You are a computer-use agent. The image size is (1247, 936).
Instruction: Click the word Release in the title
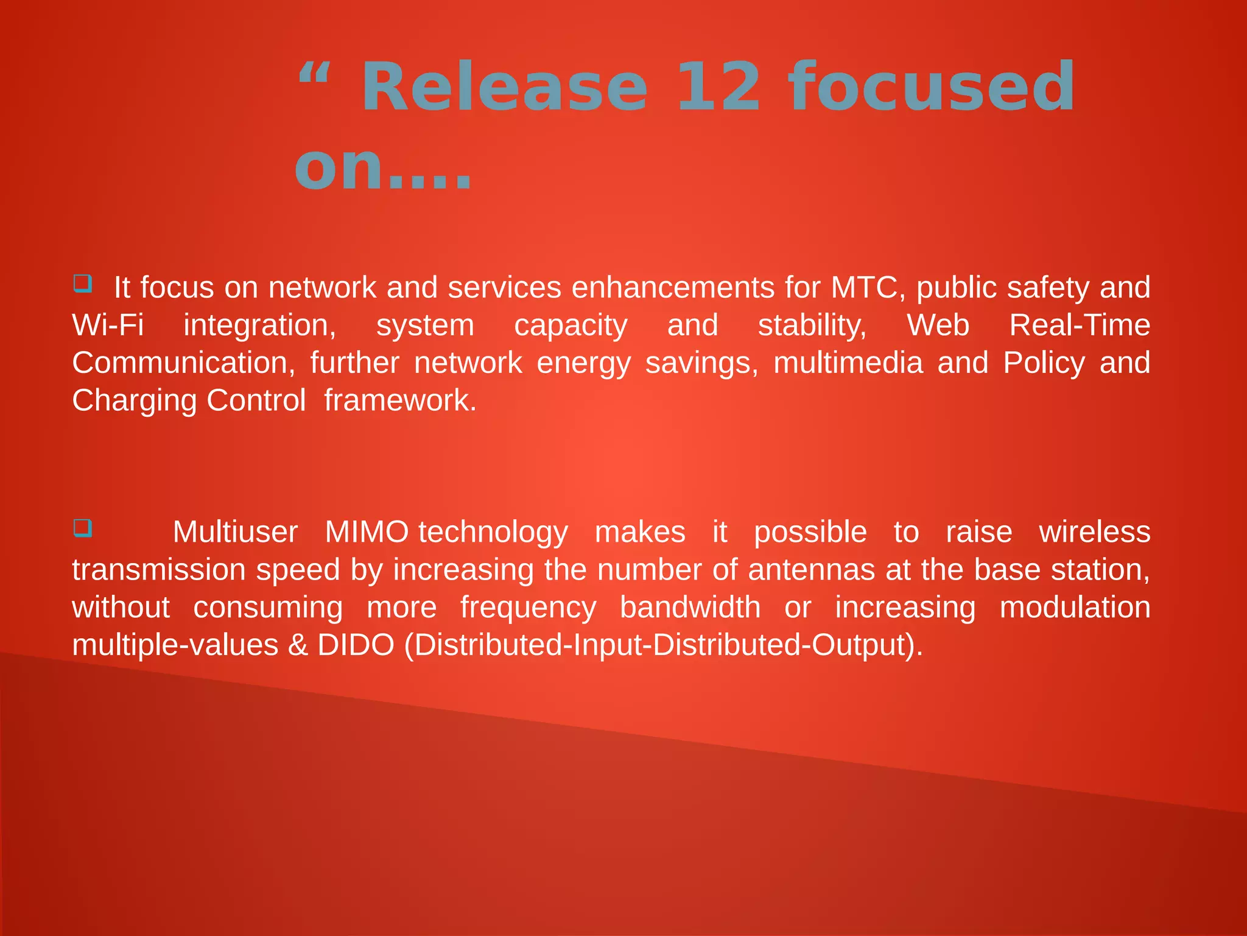504,88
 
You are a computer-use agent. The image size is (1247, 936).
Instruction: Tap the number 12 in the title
718,88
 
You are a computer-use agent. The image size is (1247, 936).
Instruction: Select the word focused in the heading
932,88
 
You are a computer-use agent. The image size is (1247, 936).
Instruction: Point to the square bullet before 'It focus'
83,284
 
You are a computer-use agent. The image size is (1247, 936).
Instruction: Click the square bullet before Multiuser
83,528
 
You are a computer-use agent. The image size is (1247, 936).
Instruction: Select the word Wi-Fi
108,325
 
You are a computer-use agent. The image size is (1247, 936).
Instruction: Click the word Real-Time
1080,325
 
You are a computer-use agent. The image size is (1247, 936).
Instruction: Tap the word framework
399,401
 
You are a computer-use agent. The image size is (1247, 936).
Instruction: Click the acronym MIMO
367,532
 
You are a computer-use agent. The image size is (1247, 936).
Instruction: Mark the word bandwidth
690,608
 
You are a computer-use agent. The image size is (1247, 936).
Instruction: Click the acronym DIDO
356,645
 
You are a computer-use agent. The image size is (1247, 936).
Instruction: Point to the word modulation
1075,608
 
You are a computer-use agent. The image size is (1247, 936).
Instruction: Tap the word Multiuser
235,532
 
